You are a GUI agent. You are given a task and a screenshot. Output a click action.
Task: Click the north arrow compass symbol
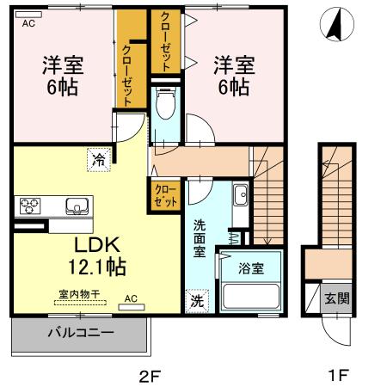(337, 24)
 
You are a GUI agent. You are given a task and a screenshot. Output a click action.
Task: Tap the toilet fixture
(165, 103)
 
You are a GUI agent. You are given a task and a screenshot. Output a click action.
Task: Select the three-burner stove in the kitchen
(30, 206)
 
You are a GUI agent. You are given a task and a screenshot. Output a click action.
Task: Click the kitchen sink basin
(77, 206)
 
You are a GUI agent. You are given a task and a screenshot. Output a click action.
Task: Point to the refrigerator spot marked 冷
(99, 160)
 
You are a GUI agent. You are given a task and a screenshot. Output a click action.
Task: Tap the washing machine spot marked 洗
(197, 301)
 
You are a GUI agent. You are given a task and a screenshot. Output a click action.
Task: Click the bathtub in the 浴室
(251, 296)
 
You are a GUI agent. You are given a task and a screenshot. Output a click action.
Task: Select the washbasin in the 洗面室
(241, 195)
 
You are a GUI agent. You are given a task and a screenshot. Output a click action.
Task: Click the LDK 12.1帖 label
(97, 256)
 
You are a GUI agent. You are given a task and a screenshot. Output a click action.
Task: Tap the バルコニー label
(81, 333)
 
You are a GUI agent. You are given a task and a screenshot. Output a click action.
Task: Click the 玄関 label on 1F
(337, 298)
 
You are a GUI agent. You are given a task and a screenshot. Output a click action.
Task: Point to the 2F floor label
(149, 376)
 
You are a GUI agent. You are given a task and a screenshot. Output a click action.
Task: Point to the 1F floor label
(339, 375)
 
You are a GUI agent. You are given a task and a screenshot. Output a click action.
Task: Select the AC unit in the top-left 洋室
(28, 15)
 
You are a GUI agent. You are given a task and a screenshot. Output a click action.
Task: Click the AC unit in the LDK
(132, 307)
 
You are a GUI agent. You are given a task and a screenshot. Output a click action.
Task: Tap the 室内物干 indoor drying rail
(80, 303)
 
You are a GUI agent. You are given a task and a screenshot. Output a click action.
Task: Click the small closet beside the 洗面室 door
(164, 196)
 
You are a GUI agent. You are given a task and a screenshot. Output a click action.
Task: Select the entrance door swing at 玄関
(336, 330)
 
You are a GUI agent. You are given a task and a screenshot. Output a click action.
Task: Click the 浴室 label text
(251, 268)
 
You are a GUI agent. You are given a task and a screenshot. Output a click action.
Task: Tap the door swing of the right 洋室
(200, 129)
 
